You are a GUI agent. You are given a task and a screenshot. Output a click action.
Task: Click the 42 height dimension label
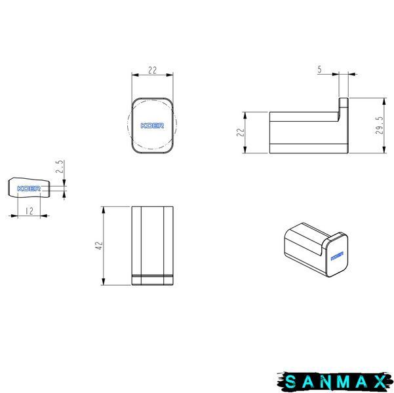100,246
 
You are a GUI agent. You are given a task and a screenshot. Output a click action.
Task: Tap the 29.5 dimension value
380,125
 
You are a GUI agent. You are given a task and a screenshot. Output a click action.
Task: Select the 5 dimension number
320,69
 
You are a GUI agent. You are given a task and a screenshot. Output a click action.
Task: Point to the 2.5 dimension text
60,166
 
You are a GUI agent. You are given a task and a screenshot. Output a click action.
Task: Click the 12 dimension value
30,211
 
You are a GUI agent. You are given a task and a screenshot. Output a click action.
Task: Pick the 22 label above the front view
152,70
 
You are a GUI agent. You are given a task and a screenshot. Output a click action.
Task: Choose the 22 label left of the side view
241,132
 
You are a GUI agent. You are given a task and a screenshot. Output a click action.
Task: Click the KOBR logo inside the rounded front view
152,126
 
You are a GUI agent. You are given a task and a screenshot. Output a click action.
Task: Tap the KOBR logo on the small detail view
29,189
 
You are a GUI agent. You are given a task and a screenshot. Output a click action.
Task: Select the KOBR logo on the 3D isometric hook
337,256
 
